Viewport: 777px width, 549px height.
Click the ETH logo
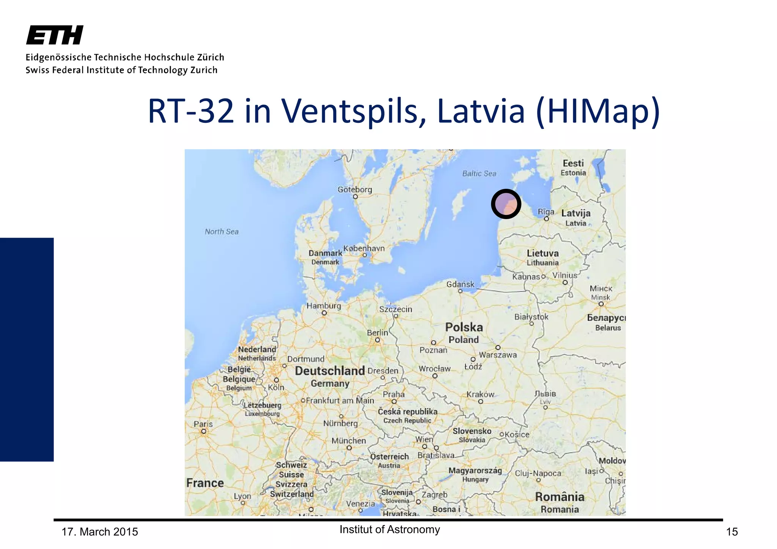coord(55,35)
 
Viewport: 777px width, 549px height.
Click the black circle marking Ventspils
coord(506,204)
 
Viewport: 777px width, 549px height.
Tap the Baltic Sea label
coord(479,174)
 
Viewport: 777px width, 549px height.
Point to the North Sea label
coord(222,232)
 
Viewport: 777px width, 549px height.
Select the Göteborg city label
coord(355,190)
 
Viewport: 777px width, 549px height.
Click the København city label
coord(364,249)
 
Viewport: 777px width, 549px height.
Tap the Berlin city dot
coord(377,340)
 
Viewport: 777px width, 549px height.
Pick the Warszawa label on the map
coord(498,355)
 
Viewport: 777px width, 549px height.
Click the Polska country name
coord(464,327)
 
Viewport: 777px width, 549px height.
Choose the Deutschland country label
coord(330,371)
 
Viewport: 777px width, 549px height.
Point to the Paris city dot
coord(204,431)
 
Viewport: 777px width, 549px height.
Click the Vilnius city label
coord(565,275)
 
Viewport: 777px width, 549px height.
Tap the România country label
coord(560,497)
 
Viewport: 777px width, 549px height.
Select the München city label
coord(349,441)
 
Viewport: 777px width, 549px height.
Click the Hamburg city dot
coord(324,313)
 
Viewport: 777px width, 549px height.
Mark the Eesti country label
coord(573,163)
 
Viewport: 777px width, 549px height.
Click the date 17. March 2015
coord(100,532)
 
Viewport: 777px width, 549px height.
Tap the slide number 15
coord(732,532)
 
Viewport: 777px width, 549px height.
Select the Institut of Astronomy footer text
coord(390,530)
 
